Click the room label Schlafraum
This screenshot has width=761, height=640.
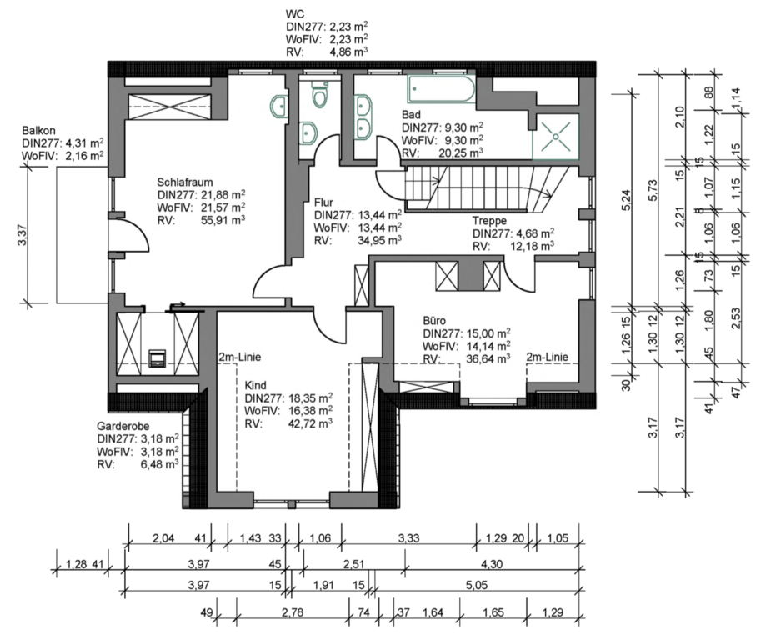[x=184, y=182]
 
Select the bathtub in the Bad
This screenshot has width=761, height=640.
[x=441, y=89]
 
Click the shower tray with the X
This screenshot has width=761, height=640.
[x=556, y=137]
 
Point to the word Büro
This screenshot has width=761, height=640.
[x=434, y=321]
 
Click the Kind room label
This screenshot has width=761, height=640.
[x=255, y=385]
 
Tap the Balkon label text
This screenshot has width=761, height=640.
[x=38, y=131]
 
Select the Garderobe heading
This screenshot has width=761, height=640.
[x=123, y=426]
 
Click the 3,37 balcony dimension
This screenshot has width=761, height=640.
[x=23, y=234]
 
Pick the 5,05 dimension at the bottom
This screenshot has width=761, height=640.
[x=477, y=585]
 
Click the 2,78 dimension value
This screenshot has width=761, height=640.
[x=293, y=612]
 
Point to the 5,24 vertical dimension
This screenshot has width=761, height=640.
[x=626, y=199]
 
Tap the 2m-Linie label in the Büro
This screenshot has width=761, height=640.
[x=547, y=357]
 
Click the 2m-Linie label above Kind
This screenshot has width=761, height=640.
[x=240, y=357]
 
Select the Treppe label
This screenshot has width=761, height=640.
[x=490, y=221]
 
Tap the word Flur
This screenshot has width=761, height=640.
[x=323, y=202]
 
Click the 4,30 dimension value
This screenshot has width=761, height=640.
[x=492, y=564]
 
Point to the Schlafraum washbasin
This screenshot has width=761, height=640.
[x=278, y=107]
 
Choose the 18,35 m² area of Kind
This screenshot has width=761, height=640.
[x=311, y=397]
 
